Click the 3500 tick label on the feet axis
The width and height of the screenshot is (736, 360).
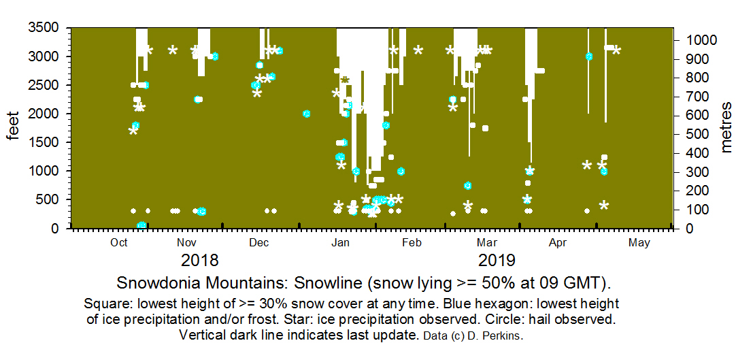pyautogui.click(x=44, y=28)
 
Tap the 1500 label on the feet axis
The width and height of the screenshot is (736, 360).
pyautogui.click(x=44, y=142)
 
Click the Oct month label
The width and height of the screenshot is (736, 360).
pyautogui.click(x=119, y=242)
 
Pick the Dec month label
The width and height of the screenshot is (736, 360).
pyautogui.click(x=258, y=242)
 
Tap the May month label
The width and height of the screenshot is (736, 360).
pyautogui.click(x=639, y=242)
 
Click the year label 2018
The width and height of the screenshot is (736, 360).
pyautogui.click(x=200, y=261)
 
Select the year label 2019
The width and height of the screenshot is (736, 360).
pyautogui.click(x=497, y=261)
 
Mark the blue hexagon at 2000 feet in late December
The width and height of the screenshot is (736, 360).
pyautogui.click(x=307, y=114)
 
